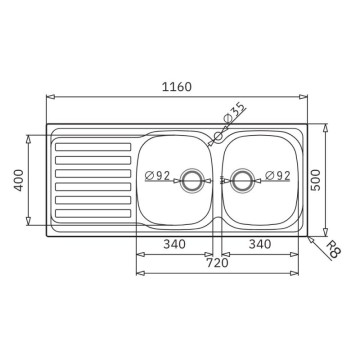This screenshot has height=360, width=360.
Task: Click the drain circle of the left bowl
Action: pos(189,181)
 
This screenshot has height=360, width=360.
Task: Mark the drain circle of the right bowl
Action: pos(242,181)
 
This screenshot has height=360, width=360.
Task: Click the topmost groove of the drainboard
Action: pos(93,148)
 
